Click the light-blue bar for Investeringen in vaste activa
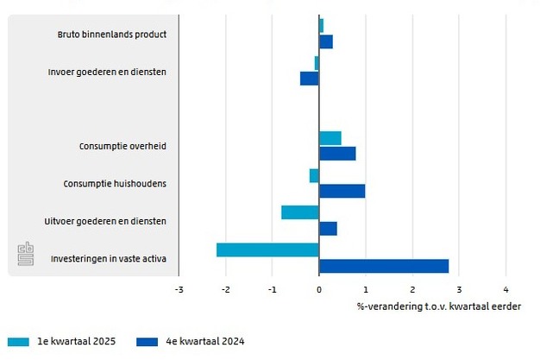pyautogui.click(x=267, y=249)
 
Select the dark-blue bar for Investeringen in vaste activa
pyautogui.click(x=384, y=266)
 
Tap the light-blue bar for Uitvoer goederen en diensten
pyautogui.click(x=300, y=212)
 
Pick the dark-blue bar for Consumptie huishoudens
pyautogui.click(x=342, y=191)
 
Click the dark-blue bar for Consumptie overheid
pyautogui.click(x=337, y=154)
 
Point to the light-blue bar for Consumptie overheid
pyautogui.click(x=330, y=138)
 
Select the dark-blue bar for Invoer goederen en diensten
pyautogui.click(x=310, y=79)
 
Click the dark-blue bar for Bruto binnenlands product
pyautogui.click(x=326, y=41)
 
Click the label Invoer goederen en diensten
pyautogui.click(x=107, y=72)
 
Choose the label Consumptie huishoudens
pyautogui.click(x=115, y=184)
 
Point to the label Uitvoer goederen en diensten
pyautogui.click(x=105, y=222)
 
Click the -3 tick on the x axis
pyautogui.click(x=179, y=290)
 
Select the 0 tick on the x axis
pyautogui.click(x=319, y=290)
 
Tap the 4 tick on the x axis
pyautogui.click(x=505, y=290)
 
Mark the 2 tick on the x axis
pyautogui.click(x=412, y=290)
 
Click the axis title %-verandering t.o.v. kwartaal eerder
pyautogui.click(x=438, y=306)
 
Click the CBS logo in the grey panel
pyautogui.click(x=26, y=256)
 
